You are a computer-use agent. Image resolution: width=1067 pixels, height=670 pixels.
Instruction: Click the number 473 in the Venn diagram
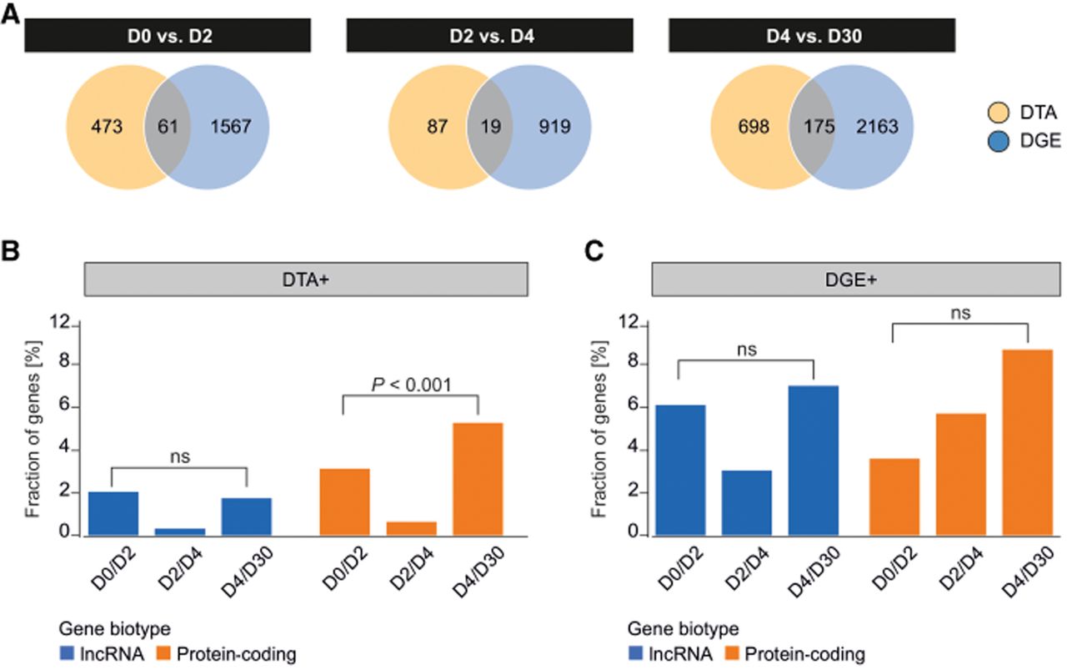(x=107, y=126)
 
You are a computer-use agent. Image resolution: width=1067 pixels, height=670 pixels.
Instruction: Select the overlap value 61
(x=168, y=126)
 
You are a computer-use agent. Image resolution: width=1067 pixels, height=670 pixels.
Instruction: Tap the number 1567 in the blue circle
(x=231, y=126)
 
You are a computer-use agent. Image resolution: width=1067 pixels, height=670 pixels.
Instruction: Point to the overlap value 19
(x=491, y=126)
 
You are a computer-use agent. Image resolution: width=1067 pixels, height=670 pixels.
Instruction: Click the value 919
(x=554, y=126)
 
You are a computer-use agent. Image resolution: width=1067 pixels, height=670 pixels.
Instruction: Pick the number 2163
(x=878, y=126)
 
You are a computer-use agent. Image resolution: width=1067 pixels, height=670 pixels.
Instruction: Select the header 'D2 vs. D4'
(x=489, y=35)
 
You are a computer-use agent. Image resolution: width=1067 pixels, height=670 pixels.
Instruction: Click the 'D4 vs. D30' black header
(x=812, y=35)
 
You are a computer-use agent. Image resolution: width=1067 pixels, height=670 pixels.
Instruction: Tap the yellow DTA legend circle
(x=999, y=113)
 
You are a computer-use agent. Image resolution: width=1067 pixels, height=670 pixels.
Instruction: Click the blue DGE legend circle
(x=999, y=142)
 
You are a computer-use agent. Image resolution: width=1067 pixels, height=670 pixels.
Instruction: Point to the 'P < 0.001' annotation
(x=411, y=385)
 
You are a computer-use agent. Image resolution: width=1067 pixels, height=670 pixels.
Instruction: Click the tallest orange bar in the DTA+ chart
(x=478, y=479)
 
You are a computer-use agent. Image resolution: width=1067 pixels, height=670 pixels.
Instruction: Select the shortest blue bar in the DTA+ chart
(x=180, y=532)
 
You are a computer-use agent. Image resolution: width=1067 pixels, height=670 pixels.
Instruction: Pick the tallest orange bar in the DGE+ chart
(x=1028, y=442)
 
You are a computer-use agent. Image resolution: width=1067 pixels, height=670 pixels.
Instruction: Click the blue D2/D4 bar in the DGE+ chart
(x=746, y=503)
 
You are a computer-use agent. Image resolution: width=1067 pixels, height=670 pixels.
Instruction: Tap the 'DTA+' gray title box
(x=306, y=280)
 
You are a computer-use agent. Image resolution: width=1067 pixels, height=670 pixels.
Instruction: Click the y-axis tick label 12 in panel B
(x=60, y=323)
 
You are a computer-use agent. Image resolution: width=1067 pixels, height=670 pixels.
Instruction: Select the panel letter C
(x=594, y=251)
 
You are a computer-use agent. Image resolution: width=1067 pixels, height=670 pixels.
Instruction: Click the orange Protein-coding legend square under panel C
(x=732, y=653)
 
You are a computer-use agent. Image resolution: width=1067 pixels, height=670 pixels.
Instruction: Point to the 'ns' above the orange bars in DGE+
(x=960, y=313)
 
